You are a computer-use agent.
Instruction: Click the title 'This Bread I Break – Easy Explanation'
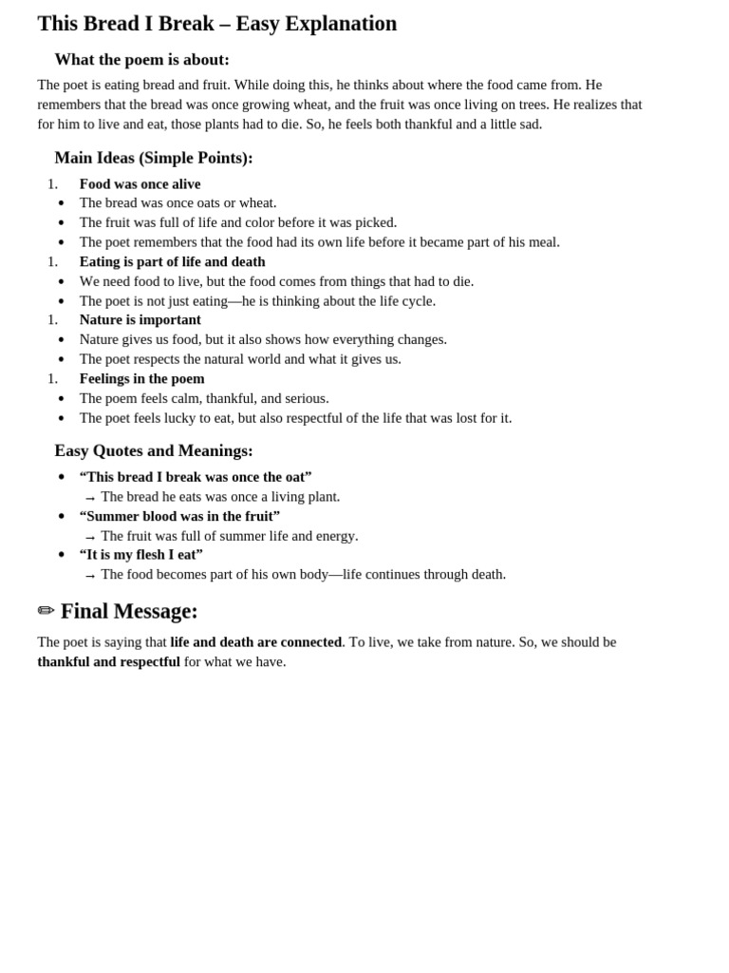[x=216, y=24]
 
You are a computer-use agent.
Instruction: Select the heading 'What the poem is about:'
[x=141, y=60]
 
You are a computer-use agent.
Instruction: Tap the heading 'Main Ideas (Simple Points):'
[x=154, y=158]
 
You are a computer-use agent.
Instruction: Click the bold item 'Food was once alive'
[x=140, y=183]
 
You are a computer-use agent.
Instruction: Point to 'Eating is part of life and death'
[x=172, y=261]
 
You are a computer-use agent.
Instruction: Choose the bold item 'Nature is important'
[x=140, y=319]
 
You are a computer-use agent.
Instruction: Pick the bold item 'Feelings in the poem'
[x=141, y=378]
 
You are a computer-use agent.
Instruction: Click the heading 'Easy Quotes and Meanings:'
[x=154, y=450]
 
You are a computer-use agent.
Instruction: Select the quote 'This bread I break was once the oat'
[x=196, y=476]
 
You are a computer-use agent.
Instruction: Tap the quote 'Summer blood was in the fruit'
[x=179, y=515]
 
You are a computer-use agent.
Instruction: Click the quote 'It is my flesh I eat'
[x=140, y=554]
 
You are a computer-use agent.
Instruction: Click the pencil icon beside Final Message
[x=46, y=611]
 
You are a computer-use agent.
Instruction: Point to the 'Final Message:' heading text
[x=129, y=611]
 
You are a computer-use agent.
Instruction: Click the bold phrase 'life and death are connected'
[x=255, y=641]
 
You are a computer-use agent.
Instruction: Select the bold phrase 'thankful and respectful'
[x=108, y=661]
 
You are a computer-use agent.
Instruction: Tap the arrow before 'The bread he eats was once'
[x=90, y=498]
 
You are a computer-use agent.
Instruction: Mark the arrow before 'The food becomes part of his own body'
[x=90, y=576]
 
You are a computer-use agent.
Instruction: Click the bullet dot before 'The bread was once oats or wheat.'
[x=62, y=203]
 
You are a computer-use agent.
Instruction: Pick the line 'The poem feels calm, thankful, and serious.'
[x=204, y=398]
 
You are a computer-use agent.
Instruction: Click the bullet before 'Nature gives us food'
[x=62, y=340]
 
